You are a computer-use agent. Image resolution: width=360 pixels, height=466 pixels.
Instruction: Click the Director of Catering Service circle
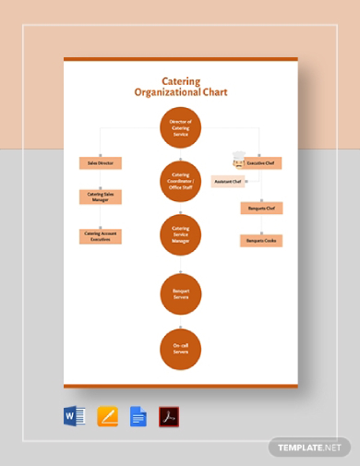tap(180, 127)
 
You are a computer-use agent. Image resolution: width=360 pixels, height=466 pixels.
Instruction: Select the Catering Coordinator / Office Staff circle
tap(180, 180)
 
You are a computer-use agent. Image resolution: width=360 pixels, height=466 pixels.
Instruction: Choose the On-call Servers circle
tap(180, 348)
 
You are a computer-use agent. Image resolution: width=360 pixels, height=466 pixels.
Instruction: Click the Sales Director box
tap(100, 162)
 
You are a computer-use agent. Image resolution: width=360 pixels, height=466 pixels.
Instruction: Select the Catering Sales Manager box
tap(100, 196)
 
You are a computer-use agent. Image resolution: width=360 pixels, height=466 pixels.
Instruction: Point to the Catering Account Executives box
tap(100, 235)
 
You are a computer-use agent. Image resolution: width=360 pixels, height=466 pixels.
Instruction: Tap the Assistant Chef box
tap(228, 182)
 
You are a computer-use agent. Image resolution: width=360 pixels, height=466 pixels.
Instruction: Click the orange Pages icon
tap(108, 416)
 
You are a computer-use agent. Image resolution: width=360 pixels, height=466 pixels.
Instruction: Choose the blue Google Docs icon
tap(138, 416)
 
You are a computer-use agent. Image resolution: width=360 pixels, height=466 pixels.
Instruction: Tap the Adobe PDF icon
tap(169, 416)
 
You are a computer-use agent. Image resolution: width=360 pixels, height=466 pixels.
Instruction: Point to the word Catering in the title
tap(180, 81)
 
